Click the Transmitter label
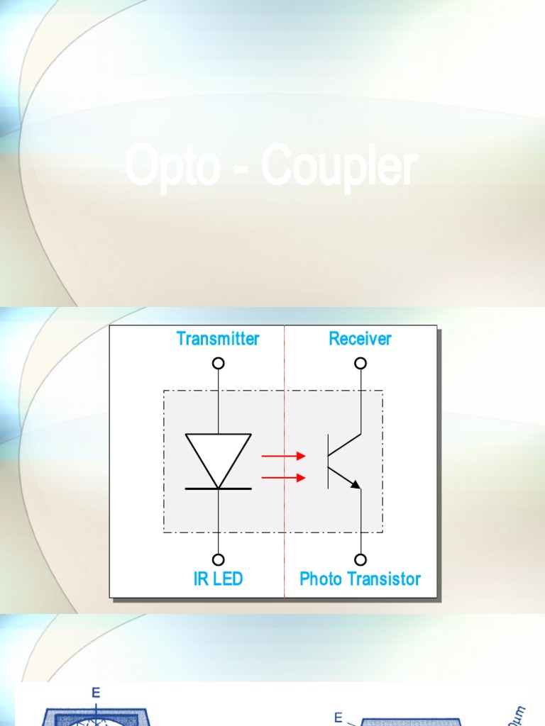218,339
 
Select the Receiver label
360,339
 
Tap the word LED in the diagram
228,579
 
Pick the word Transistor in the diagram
387,579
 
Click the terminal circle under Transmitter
219,363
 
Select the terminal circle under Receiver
361,363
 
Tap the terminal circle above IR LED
219,559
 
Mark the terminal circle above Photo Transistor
361,559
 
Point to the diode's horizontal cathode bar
219,488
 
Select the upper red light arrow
284,456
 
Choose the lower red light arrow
284,478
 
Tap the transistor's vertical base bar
328,462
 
